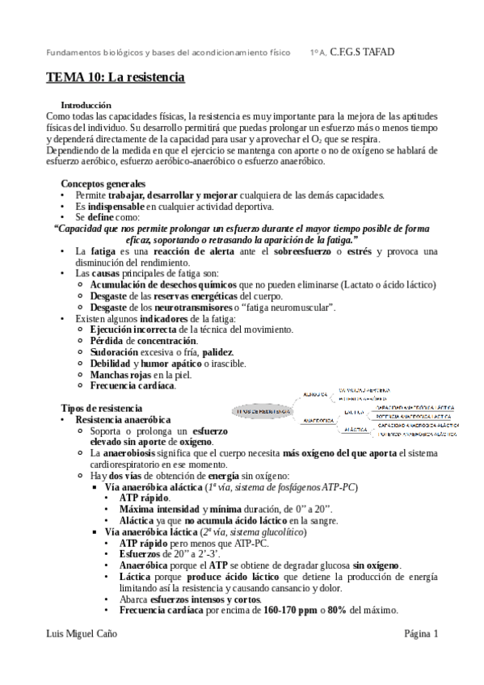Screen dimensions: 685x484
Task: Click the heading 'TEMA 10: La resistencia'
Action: point(115,78)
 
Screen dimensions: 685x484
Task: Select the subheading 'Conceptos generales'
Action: point(103,183)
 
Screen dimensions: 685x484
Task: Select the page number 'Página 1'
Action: point(421,633)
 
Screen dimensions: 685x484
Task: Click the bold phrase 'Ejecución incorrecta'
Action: point(133,330)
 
